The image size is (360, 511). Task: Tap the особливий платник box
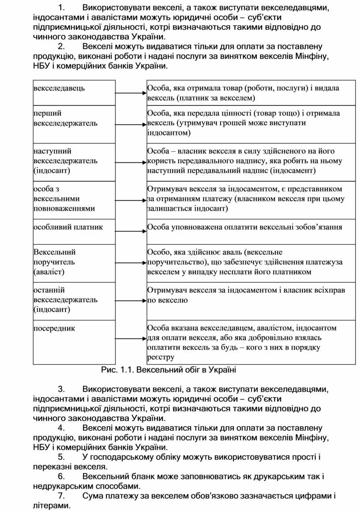(x=74, y=231)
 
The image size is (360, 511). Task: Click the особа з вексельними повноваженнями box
(x=74, y=199)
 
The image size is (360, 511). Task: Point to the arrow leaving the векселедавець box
(x=131, y=93)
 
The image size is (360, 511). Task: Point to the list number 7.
(x=61, y=496)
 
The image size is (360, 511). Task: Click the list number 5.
(x=61, y=457)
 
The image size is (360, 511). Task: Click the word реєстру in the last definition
(x=161, y=358)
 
